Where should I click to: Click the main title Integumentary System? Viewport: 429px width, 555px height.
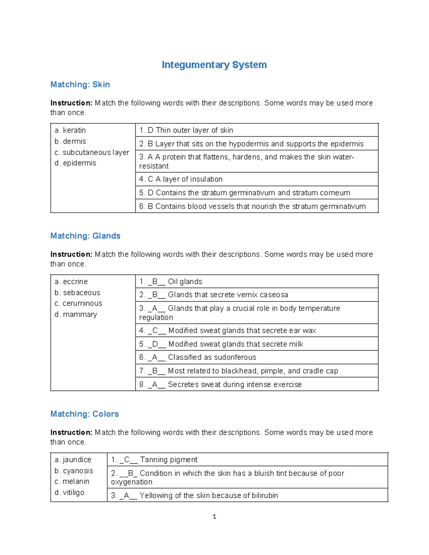pyautogui.click(x=214, y=65)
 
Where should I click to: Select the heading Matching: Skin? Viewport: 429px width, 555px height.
pyautogui.click(x=80, y=85)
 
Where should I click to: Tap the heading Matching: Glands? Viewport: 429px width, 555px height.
pyautogui.click(x=85, y=236)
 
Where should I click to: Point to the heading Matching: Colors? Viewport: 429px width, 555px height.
pyautogui.click(x=84, y=414)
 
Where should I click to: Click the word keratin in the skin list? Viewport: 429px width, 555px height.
pyautogui.click(x=74, y=130)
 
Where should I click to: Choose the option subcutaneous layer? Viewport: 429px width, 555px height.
pyautogui.click(x=95, y=152)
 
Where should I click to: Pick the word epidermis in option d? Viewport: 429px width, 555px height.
pyautogui.click(x=79, y=163)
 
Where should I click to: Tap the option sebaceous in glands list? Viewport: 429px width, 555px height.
pyautogui.click(x=82, y=293)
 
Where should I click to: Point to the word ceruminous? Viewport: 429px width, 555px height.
pyautogui.click(x=82, y=303)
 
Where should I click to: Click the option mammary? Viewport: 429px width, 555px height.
pyautogui.click(x=80, y=314)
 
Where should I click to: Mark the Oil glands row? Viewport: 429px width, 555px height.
pyautogui.click(x=185, y=282)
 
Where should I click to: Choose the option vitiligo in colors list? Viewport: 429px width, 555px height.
pyautogui.click(x=73, y=492)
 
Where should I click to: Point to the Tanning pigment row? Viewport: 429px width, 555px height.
pyautogui.click(x=168, y=460)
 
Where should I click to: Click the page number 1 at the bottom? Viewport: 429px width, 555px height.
pyautogui.click(x=214, y=517)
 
